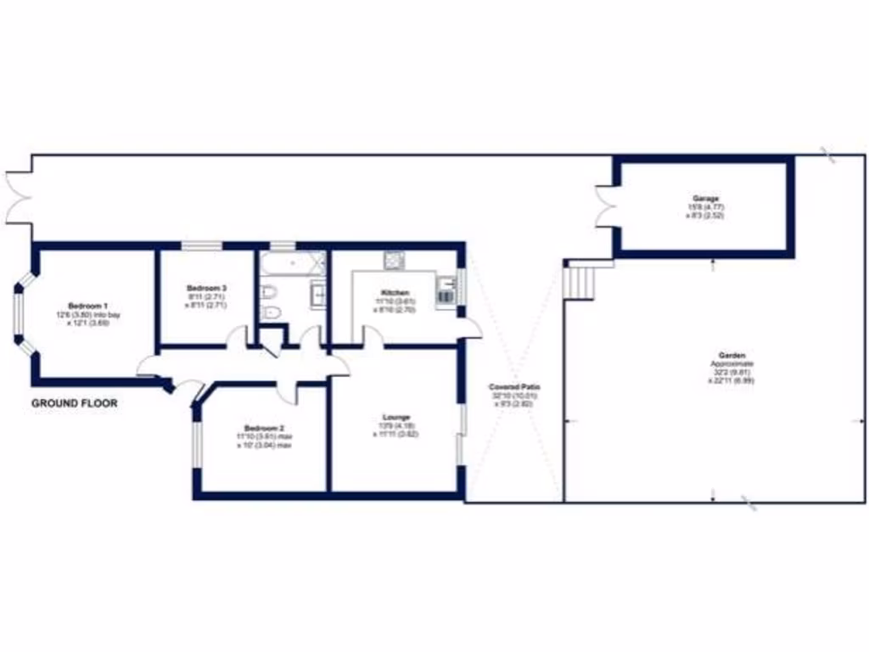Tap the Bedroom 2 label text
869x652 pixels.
pos(264,428)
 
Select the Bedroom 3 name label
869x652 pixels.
pos(206,289)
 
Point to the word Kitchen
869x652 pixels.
pos(395,293)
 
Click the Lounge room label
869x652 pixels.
pos(396,417)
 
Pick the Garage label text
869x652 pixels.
pos(704,198)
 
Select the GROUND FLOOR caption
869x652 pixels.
pos(75,403)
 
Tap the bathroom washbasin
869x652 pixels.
pos(319,294)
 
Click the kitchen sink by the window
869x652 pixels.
pos(446,291)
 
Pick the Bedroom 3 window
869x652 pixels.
pos(201,246)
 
